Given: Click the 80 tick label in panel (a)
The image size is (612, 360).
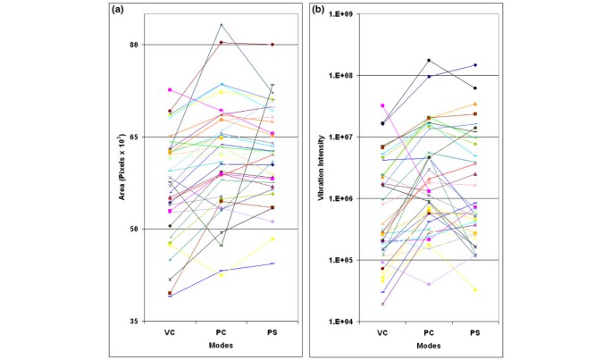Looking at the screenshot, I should (x=135, y=45).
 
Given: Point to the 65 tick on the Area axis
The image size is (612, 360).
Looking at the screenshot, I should (x=135, y=137).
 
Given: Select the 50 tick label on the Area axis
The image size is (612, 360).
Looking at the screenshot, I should (x=135, y=229).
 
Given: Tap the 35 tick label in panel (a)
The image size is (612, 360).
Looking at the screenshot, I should (x=135, y=321).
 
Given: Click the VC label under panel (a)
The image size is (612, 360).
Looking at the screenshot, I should (x=170, y=331).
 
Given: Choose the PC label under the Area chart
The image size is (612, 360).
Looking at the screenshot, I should (x=222, y=331).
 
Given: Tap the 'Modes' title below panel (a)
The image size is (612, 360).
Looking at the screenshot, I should (x=222, y=344).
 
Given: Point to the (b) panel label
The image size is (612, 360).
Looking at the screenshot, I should (x=318, y=10).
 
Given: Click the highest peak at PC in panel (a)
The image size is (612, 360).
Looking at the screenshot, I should (x=222, y=24).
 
